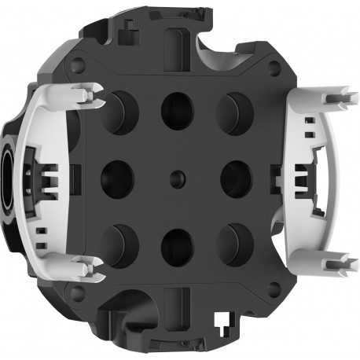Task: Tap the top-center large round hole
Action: pos(177,111)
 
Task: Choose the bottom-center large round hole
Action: pos(177,245)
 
